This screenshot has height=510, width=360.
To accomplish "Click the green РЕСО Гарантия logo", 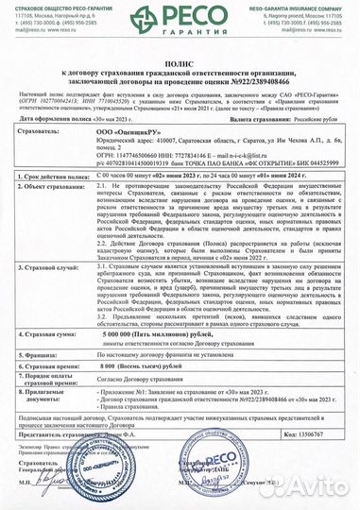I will coord(180,18).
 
